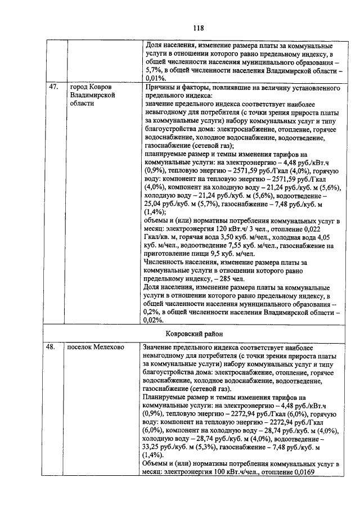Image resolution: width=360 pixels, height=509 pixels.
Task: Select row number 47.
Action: click(54, 89)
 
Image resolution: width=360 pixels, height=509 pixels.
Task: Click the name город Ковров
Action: click(91, 89)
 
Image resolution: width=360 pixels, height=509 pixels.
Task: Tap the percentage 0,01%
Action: click(156, 79)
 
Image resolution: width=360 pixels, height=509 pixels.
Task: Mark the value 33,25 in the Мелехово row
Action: click(156, 447)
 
